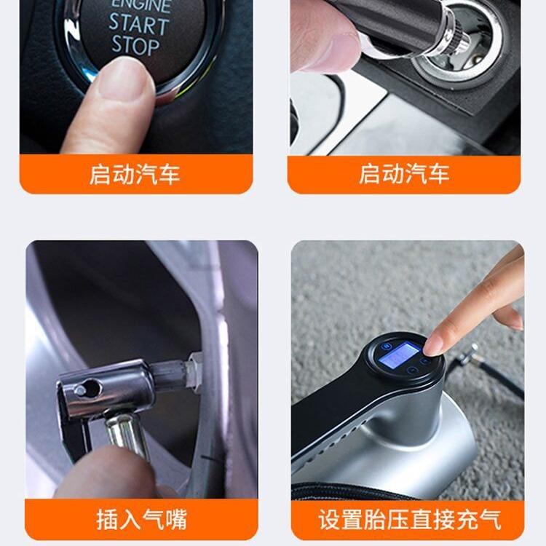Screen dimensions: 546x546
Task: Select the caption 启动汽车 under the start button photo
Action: pyautogui.click(x=135, y=175)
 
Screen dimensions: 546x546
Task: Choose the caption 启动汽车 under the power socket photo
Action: pyautogui.click(x=404, y=175)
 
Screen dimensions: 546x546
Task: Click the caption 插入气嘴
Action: pyautogui.click(x=141, y=519)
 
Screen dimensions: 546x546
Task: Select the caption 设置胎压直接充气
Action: pyautogui.click(x=409, y=519)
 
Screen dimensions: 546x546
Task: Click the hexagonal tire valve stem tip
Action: pyautogui.click(x=194, y=368)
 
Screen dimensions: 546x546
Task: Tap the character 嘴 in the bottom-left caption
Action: pyautogui.click(x=175, y=519)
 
